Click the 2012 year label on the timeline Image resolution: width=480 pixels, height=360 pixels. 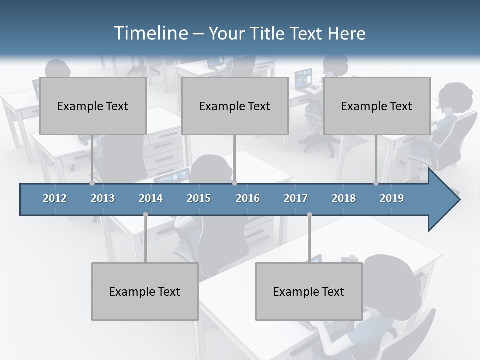[x=55, y=198]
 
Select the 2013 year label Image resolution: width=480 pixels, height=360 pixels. [x=103, y=198]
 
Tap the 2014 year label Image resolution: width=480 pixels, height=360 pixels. [x=151, y=198]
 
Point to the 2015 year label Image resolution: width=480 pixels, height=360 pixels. [x=199, y=198]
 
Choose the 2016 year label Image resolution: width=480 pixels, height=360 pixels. [x=248, y=198]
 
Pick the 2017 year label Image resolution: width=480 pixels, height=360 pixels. [x=296, y=198]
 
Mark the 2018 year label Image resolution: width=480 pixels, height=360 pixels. [x=344, y=198]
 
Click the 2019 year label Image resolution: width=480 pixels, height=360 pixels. [x=392, y=198]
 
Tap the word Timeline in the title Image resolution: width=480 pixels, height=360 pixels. [x=150, y=33]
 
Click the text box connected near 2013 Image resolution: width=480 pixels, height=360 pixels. [x=93, y=106]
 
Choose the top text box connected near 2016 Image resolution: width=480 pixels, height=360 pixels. [x=235, y=106]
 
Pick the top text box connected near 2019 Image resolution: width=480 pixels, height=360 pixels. [x=377, y=106]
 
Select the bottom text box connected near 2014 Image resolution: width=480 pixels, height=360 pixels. [x=145, y=291]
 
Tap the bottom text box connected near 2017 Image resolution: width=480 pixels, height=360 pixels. [x=309, y=291]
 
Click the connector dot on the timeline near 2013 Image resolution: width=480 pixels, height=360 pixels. [x=92, y=183]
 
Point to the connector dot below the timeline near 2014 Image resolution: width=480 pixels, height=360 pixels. [x=145, y=215]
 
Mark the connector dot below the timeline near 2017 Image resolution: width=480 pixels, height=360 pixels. [x=309, y=215]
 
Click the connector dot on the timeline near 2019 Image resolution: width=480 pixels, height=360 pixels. [x=376, y=183]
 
